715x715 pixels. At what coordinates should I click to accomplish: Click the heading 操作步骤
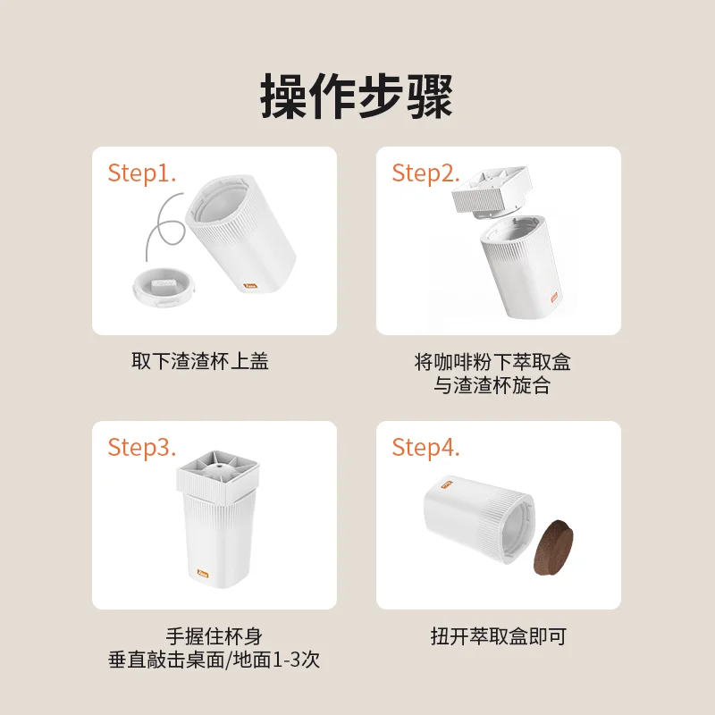357,96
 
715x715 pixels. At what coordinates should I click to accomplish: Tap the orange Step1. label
142,173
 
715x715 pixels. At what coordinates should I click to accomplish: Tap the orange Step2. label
426,173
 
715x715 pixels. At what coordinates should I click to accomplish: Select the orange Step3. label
142,447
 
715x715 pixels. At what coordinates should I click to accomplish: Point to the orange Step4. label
426,447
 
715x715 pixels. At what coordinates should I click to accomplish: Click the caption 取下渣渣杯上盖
200,362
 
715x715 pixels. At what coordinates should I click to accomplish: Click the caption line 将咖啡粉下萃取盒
492,362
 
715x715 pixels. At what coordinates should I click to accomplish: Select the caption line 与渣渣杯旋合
492,387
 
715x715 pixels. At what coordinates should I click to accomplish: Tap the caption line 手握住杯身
214,636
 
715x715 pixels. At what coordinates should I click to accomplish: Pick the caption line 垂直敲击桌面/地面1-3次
214,661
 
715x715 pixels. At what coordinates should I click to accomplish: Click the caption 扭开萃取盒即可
498,636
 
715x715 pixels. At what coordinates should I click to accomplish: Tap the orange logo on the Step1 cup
251,287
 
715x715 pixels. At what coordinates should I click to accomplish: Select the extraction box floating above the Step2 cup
494,189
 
